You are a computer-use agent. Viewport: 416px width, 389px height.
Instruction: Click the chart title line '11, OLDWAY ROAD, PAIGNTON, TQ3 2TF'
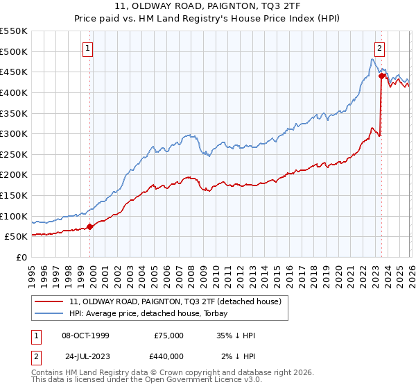pyautogui.click(x=207, y=6)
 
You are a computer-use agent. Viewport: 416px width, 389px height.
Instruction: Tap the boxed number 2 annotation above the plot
pyautogui.click(x=380, y=49)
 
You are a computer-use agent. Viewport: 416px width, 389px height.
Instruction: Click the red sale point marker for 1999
pyautogui.click(x=90, y=226)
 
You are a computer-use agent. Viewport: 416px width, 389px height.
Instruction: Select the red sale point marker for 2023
pyautogui.click(x=381, y=76)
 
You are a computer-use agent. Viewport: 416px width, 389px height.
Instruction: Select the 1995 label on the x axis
pyautogui.click(x=32, y=273)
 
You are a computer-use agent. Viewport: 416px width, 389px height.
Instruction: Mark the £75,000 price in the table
pyautogui.click(x=169, y=336)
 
